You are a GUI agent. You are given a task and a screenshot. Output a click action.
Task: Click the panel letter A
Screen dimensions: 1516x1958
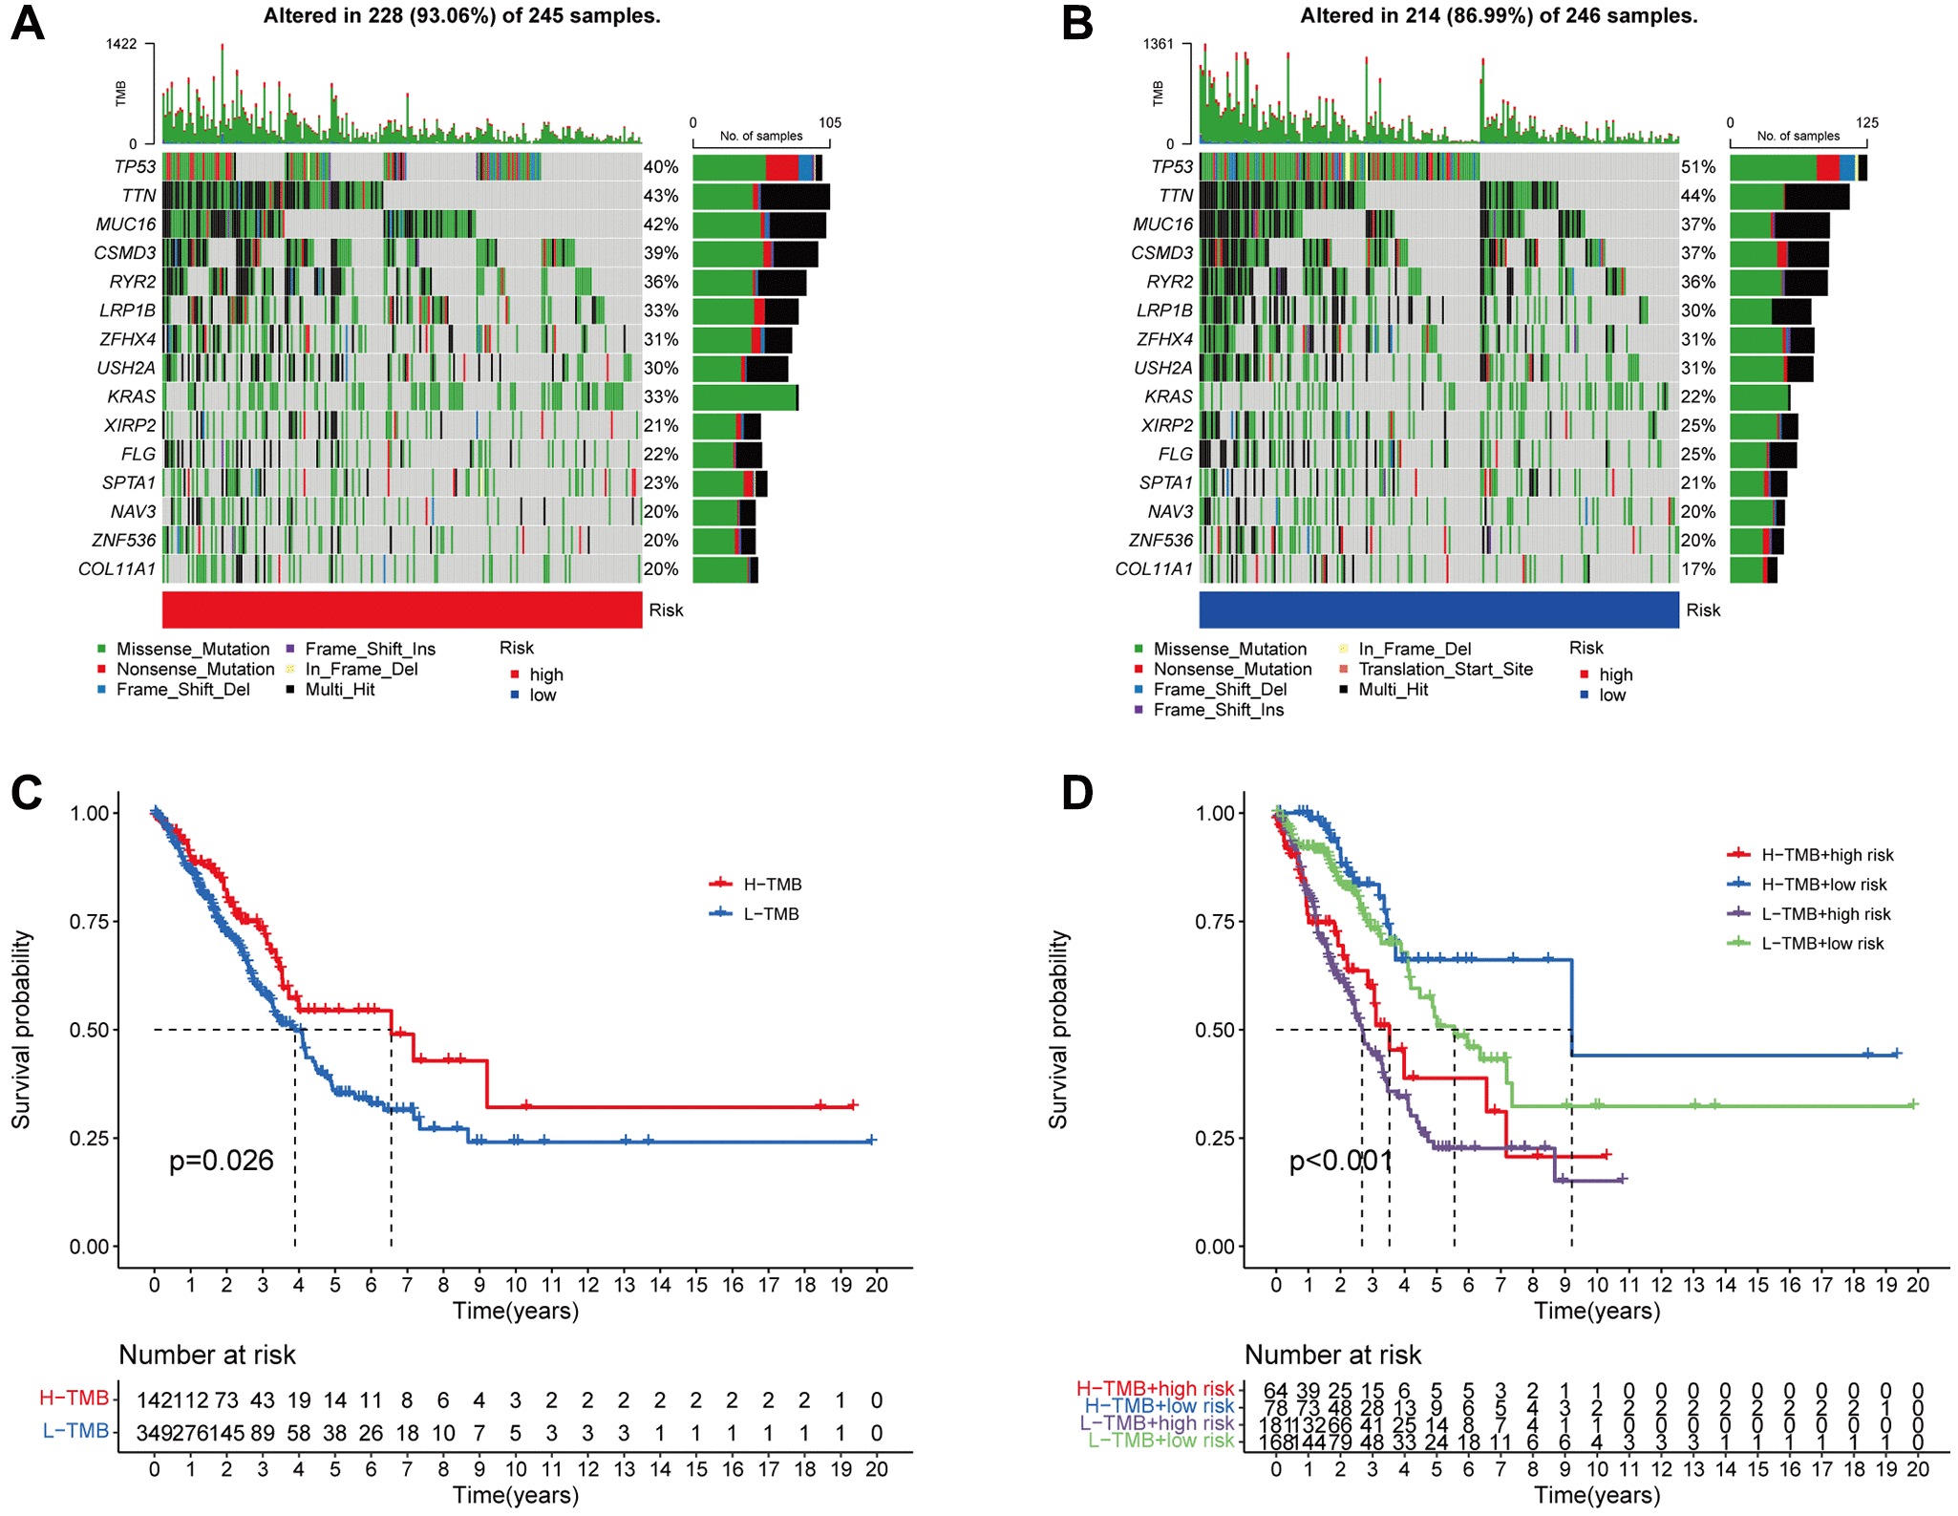coord(28,22)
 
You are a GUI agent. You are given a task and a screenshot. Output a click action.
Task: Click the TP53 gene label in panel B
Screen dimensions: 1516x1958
coord(1172,167)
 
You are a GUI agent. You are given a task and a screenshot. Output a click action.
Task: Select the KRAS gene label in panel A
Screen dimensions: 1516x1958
coord(131,396)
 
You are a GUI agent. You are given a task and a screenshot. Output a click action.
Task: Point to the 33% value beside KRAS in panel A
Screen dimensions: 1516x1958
coord(661,396)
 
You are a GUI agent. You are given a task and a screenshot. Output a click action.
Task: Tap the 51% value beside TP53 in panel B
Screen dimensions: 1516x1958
coord(1698,167)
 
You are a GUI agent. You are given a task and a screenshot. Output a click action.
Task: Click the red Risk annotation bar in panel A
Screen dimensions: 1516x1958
coord(402,609)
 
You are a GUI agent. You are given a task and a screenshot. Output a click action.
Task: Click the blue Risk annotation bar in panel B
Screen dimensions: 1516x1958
coord(1438,609)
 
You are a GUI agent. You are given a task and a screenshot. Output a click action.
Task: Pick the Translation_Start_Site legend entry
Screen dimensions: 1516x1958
coord(1444,669)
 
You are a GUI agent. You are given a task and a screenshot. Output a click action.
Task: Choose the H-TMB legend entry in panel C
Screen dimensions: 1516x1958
coord(772,885)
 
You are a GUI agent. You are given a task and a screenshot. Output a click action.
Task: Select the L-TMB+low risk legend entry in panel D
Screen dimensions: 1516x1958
coord(1821,944)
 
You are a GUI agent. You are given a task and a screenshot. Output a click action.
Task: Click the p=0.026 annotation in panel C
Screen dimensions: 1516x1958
coord(222,1161)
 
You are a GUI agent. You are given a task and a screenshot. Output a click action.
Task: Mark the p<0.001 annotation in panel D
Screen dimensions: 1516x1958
coord(1340,1161)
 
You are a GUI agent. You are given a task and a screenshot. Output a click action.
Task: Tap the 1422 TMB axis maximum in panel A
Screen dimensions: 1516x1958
coord(121,44)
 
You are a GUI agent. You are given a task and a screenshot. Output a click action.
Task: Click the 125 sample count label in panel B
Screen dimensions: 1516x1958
coord(1866,122)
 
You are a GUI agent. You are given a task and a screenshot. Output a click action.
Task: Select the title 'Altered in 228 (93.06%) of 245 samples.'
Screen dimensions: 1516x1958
coord(462,16)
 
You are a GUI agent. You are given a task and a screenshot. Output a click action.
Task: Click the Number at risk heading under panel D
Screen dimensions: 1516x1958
coord(1332,1355)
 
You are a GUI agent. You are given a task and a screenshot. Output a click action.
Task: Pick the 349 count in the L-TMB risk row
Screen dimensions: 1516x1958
coord(153,1433)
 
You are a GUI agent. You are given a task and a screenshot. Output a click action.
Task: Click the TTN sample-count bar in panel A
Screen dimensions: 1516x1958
coord(761,197)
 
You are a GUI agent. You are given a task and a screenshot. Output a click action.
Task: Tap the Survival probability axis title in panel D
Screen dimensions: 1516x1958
coord(1058,1029)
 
